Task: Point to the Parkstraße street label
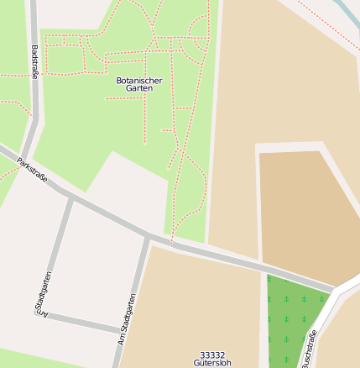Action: coord(32,171)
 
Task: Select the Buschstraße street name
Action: coord(310,350)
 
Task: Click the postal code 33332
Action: coord(212,355)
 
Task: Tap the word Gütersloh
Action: coord(212,363)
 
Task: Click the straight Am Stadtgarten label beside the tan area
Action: coord(127,318)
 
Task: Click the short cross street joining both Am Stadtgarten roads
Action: coord(80,322)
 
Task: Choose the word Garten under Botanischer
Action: coord(139,88)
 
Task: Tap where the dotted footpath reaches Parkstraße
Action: coord(172,242)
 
